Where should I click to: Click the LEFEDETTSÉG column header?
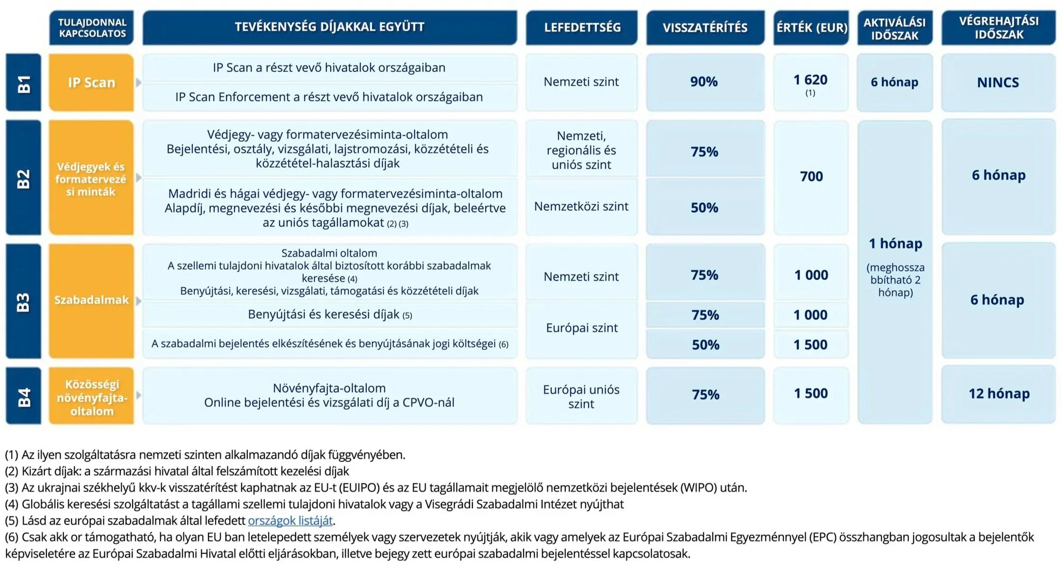581,27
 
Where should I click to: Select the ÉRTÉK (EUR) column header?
811,27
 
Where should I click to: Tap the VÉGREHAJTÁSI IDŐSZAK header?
998,27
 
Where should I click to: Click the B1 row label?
23,82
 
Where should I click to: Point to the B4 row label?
23,396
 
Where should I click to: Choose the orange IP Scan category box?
91,82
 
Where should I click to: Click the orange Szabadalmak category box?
91,300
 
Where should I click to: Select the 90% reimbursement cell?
704,82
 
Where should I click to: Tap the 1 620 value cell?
810,82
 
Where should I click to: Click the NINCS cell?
998,82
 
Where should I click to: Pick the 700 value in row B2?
811,177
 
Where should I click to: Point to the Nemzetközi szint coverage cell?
581,207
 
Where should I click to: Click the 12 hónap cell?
998,394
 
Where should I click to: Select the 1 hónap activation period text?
895,244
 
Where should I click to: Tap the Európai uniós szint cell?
581,396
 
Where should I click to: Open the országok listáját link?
290,521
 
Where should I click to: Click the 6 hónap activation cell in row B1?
894,82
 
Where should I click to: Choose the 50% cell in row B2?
704,208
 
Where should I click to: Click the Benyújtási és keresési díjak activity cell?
329,315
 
